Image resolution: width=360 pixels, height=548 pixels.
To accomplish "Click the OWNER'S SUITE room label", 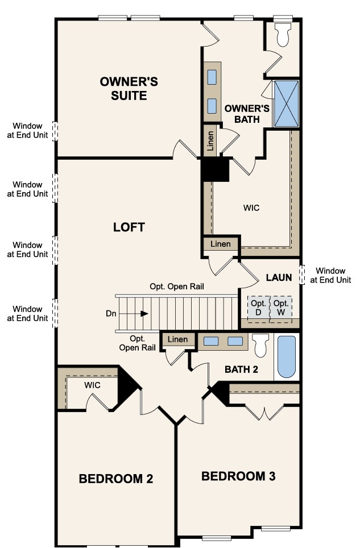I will coord(129,89).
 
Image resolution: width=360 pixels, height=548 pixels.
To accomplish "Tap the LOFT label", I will coord(129,227).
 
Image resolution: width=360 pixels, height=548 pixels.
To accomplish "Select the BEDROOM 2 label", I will coord(115,479).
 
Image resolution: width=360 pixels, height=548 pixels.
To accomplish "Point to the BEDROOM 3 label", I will coord(238,476).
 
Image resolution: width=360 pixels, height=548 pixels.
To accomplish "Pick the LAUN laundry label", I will coord(279,278).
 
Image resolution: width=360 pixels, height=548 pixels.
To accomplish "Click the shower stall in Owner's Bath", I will coord(286,103).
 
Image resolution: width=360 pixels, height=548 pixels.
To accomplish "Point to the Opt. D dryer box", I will coord(258,308).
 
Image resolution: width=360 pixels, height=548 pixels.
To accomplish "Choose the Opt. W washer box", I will coord(280,308).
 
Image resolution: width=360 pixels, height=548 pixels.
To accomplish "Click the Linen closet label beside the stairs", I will coord(177,340).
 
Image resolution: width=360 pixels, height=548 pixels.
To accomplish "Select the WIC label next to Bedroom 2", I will coord(93,385).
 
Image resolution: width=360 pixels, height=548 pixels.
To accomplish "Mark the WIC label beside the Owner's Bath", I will coord(251,208).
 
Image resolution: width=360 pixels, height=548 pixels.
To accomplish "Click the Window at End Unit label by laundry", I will coord(333,275).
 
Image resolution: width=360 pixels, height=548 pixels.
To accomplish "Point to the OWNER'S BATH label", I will coord(242,114).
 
